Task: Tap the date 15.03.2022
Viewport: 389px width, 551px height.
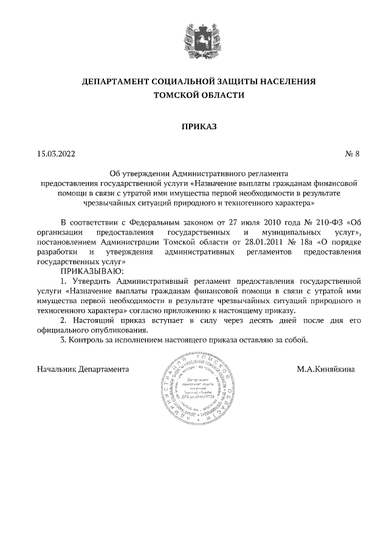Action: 56,154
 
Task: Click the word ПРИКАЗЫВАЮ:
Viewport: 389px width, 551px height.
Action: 91,270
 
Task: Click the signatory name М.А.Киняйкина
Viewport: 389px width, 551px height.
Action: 326,369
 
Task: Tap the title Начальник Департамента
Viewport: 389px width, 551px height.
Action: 83,369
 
